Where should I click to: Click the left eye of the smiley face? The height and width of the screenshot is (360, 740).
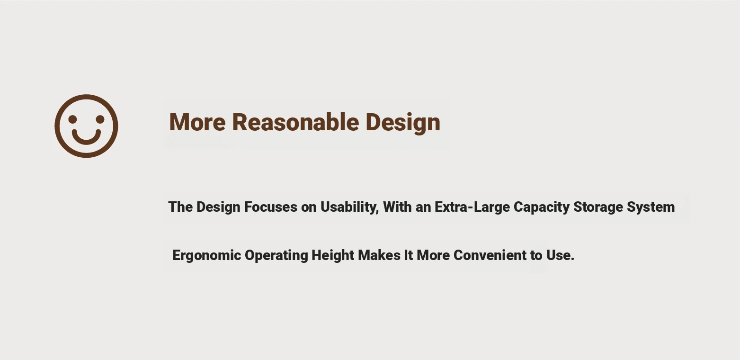73,119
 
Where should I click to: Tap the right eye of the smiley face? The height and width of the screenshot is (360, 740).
100,119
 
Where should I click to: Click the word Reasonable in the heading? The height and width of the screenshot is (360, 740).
295,122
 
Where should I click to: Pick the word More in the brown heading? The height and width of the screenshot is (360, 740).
197,122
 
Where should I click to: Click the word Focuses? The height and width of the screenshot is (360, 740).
270,207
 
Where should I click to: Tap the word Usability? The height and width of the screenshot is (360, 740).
349,207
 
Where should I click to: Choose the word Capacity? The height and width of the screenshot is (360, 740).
542,207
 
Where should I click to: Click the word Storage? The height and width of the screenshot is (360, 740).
598,207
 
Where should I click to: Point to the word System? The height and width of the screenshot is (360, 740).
651,207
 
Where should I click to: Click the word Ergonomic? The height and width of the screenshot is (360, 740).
207,256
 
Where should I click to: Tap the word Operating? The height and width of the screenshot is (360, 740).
276,256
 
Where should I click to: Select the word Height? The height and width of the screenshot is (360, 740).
333,256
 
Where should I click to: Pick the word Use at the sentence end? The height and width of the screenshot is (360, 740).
558,255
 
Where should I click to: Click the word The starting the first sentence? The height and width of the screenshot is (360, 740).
180,207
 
